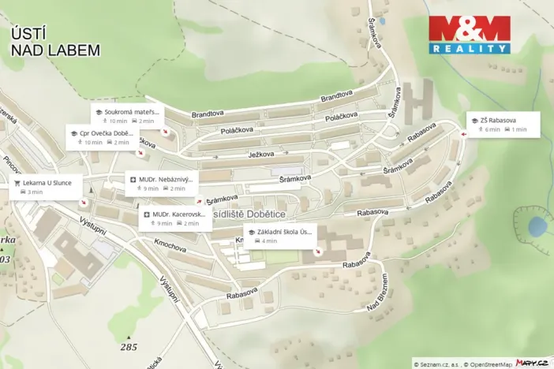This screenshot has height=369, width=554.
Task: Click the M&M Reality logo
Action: point(469,35)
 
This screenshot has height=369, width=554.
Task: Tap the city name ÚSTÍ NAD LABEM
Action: point(55,42)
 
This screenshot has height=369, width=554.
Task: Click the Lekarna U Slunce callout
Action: point(47,187)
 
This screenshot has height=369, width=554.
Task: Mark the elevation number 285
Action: point(129,347)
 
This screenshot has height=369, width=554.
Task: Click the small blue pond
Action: point(537,227)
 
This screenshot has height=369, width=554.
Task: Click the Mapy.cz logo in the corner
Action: point(531,363)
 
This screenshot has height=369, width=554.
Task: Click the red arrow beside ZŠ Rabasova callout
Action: point(463,133)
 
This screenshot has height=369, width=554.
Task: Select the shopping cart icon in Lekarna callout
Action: point(17,182)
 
